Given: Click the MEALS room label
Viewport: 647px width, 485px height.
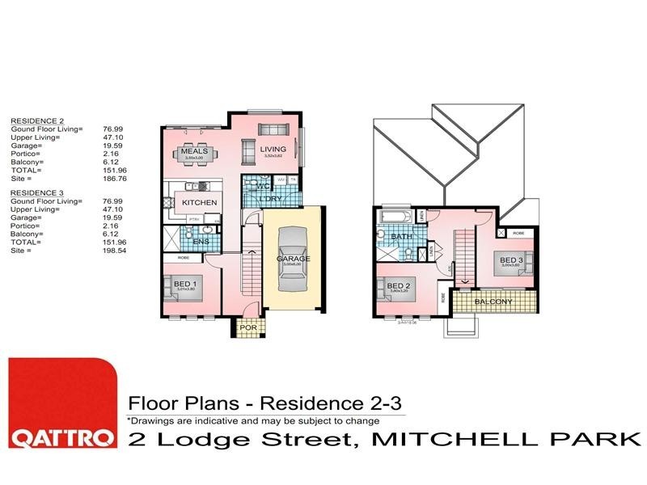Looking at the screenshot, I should [195, 151].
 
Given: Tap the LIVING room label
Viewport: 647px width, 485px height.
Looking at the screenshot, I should [273, 149].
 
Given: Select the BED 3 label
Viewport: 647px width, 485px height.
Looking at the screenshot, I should [510, 259].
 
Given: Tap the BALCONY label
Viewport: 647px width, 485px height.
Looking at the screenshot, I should [494, 302].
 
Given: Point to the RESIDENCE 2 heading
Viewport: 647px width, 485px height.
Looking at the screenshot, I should [32, 119].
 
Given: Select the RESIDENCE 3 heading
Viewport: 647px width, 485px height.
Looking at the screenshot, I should [32, 193].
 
